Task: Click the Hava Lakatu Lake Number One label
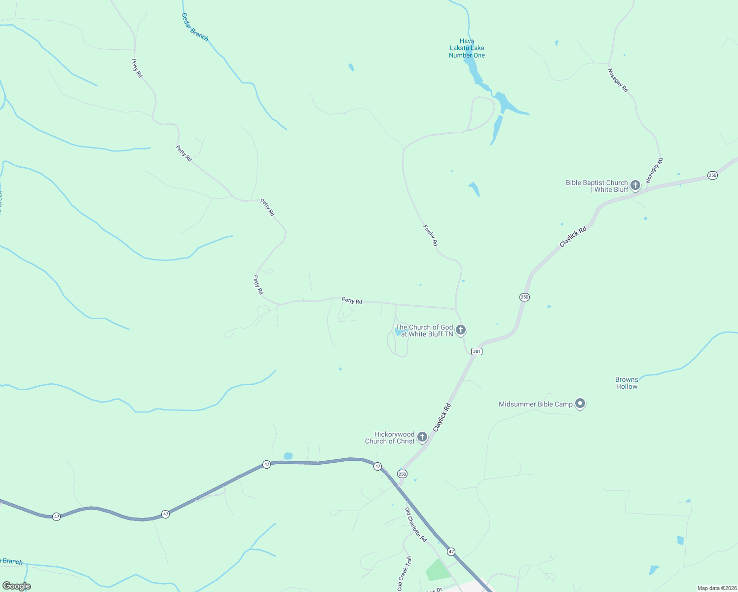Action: (467, 48)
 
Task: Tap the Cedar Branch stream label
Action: (195, 27)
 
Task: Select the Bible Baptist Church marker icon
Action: (635, 185)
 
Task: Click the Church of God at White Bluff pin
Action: (461, 330)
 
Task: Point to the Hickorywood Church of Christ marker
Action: (422, 437)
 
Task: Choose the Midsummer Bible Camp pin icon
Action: (581, 404)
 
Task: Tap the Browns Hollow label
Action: (627, 383)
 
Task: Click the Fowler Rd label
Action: (430, 236)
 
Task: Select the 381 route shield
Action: (476, 351)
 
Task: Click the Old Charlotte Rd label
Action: (416, 525)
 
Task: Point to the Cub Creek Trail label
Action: (404, 573)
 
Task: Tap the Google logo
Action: (16, 586)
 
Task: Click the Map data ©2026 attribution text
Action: (717, 588)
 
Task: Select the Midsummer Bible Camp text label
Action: (536, 404)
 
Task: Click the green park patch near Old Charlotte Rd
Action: (437, 570)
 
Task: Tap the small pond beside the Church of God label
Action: (398, 333)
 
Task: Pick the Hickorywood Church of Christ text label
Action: (390, 438)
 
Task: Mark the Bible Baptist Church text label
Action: (597, 186)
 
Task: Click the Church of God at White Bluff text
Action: (424, 331)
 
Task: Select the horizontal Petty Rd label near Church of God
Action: (352, 300)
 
